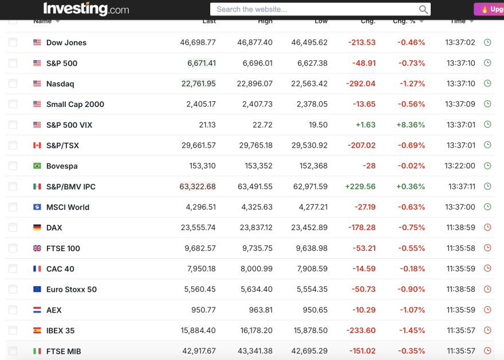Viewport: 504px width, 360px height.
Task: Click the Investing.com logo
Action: [x=86, y=9]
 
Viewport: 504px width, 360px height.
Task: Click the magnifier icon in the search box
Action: [x=423, y=9]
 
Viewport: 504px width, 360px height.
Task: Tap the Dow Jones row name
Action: [x=66, y=42]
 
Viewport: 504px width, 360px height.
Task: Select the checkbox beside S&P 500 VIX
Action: [x=13, y=125]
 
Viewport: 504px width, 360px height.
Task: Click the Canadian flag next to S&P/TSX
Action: [x=37, y=145]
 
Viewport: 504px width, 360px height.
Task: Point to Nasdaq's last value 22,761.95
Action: [x=199, y=84]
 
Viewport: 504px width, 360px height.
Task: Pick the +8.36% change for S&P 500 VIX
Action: [x=410, y=125]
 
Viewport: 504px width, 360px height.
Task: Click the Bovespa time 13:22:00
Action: [x=460, y=166]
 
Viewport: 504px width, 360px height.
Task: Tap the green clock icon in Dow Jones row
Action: [x=487, y=42]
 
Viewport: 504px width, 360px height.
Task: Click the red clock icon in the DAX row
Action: [x=487, y=227]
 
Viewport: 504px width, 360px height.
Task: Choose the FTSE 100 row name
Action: [x=63, y=248]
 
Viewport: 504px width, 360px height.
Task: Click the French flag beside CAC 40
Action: [x=37, y=268]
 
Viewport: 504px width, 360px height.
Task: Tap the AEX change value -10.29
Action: [x=364, y=310]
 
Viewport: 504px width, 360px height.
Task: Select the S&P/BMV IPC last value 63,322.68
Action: [x=198, y=187]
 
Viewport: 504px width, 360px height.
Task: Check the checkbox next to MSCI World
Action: [x=13, y=207]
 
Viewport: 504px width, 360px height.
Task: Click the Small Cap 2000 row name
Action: [x=75, y=104]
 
